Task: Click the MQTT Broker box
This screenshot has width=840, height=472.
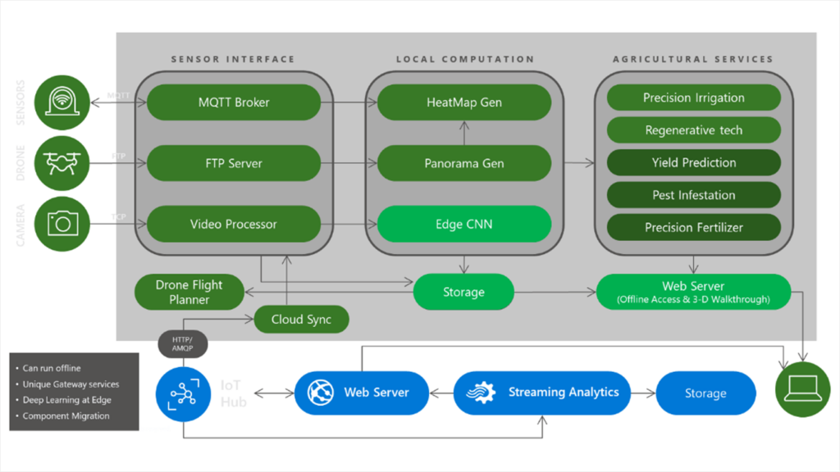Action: pos(234,102)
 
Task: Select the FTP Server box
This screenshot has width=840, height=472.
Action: pos(234,163)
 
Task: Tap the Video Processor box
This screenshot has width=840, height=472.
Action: pos(234,224)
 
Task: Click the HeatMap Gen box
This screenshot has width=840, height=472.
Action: pos(463,102)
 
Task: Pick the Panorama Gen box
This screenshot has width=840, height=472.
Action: pos(463,163)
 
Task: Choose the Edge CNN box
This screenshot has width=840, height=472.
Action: pos(463,224)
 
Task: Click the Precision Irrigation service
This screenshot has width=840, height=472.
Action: pos(693,98)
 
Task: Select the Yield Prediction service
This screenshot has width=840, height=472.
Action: pos(693,162)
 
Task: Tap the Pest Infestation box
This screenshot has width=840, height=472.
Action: pos(693,195)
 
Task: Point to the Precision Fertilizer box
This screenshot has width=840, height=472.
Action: pos(693,228)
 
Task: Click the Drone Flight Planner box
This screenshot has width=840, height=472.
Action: pos(189,293)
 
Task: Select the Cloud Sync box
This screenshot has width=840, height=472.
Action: pos(300,320)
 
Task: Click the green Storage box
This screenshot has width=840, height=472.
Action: pos(463,292)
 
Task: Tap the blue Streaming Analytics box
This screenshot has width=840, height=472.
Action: pos(541,393)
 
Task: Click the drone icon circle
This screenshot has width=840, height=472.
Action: pos(62,162)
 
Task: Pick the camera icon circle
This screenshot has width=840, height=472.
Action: pos(62,223)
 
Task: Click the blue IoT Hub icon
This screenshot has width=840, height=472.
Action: pos(182,393)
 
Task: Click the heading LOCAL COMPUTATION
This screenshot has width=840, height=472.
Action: pos(464,59)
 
